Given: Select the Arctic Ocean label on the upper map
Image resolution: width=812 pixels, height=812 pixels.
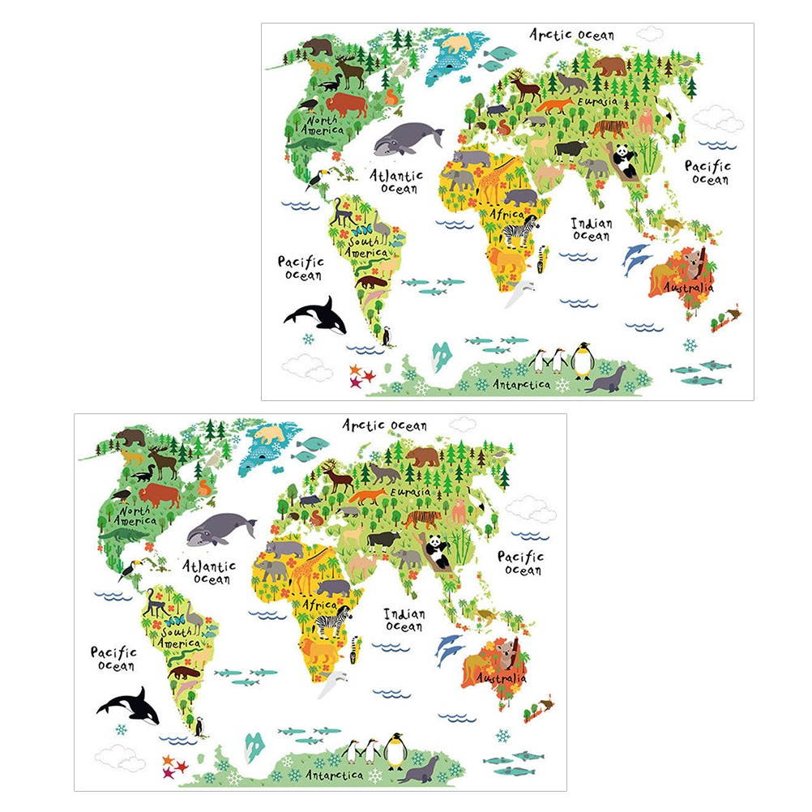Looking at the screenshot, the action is (571, 34).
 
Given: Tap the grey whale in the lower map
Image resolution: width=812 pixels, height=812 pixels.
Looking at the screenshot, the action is (220, 529).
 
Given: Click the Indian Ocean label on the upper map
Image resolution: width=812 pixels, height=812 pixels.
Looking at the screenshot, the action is (591, 229).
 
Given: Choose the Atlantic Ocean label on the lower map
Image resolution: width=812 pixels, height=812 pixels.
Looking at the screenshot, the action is (210, 572).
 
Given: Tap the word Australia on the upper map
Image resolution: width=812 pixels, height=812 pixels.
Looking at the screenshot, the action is (688, 287).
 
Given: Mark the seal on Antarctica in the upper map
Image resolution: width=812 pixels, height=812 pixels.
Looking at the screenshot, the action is (608, 379).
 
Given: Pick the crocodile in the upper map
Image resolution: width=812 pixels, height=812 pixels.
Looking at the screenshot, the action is (310, 143).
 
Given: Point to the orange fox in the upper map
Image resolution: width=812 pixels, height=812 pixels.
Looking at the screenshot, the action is (554, 106).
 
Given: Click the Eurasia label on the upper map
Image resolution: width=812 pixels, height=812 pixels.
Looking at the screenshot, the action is (597, 101).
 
